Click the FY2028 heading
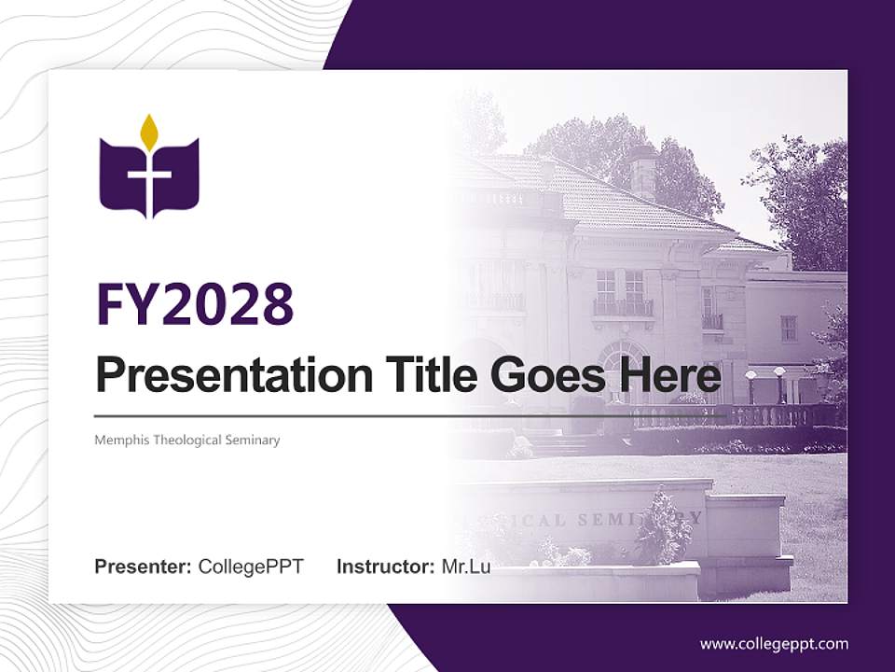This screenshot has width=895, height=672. [x=195, y=304]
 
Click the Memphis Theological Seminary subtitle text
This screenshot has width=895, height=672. [x=186, y=440]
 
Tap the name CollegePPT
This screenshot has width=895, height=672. [x=251, y=567]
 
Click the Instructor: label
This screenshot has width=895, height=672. [x=385, y=567]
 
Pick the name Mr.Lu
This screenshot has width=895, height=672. [x=466, y=567]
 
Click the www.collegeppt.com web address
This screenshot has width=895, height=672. [x=774, y=643]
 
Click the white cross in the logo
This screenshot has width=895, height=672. [x=149, y=182]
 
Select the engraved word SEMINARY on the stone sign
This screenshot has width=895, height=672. [x=653, y=519]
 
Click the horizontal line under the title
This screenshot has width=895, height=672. [x=410, y=415]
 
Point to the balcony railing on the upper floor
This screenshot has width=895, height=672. [x=623, y=307]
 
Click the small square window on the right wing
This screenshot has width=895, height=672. [x=789, y=328]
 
